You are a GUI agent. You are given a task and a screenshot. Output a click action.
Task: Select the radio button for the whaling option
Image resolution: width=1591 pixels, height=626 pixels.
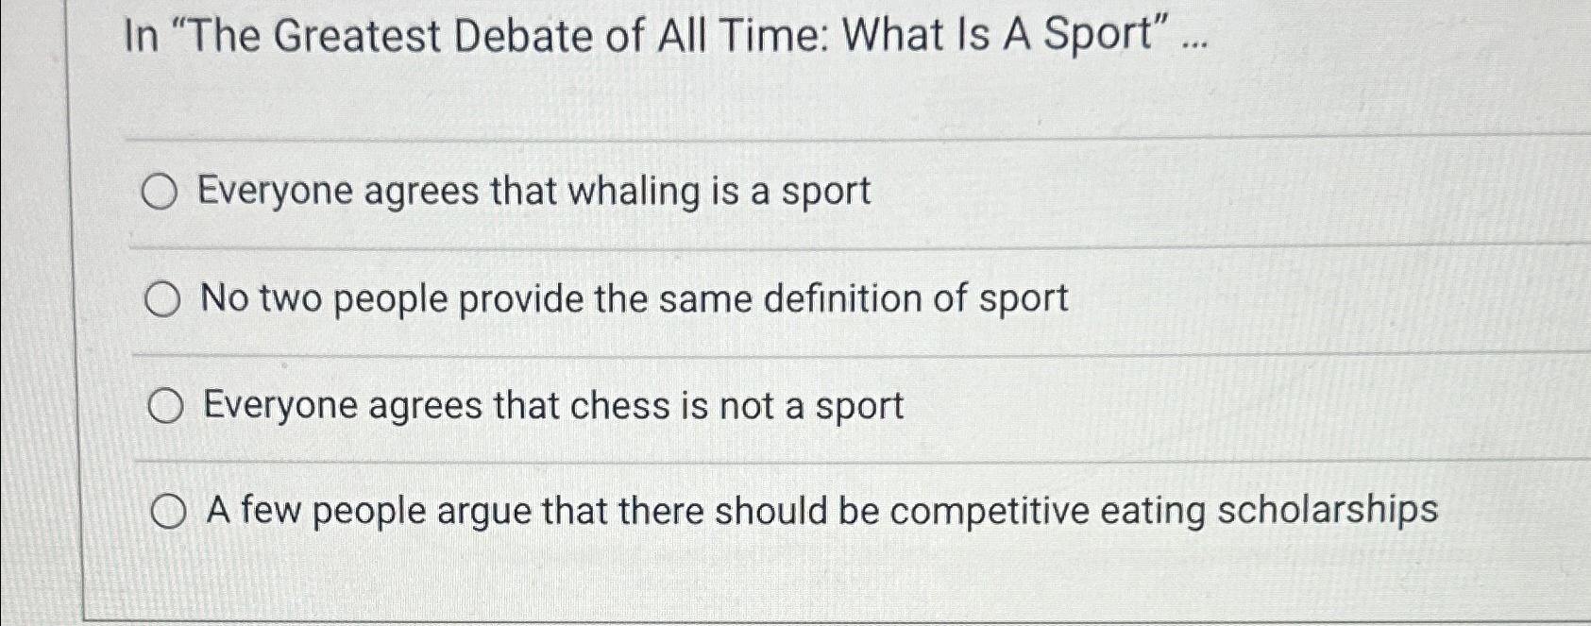pyautogui.click(x=160, y=193)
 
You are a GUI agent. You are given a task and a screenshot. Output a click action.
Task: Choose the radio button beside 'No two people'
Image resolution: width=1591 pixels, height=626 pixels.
pyautogui.click(x=162, y=300)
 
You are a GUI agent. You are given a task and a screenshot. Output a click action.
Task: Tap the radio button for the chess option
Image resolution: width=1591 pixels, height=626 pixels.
pyautogui.click(x=165, y=407)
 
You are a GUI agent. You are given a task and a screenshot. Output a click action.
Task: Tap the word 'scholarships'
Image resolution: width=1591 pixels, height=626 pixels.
pyautogui.click(x=1328, y=511)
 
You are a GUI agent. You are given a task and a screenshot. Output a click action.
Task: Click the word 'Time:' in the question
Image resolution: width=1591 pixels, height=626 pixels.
pyautogui.click(x=771, y=37)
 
